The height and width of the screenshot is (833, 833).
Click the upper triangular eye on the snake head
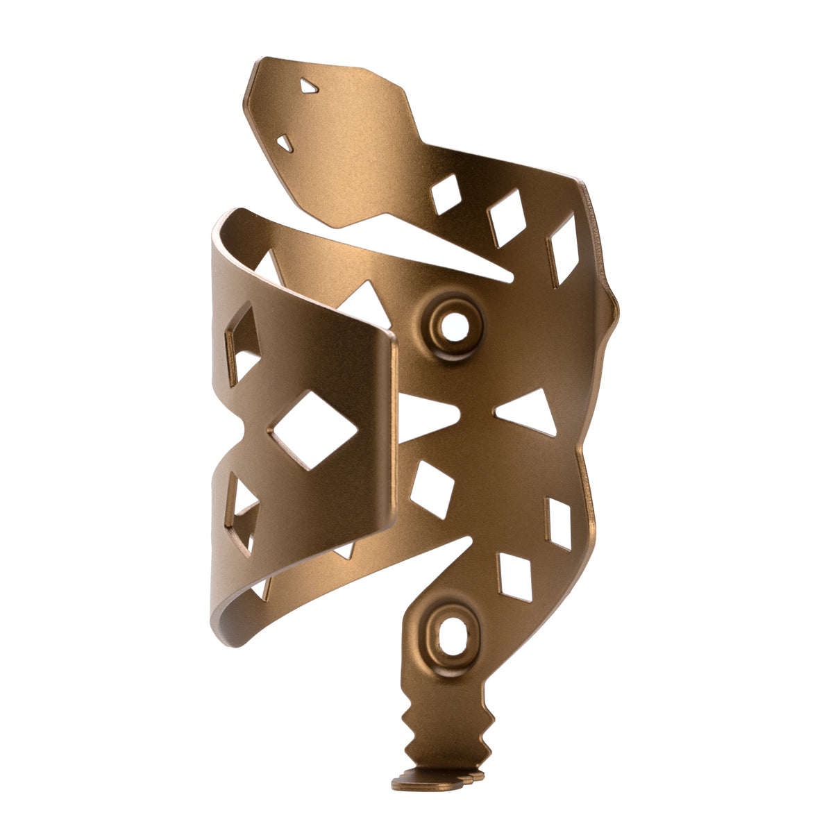point(308,86)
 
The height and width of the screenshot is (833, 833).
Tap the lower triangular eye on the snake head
point(285,142)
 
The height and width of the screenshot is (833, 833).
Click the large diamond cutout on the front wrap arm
point(314,429)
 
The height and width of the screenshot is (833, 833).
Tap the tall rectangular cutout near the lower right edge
point(559,524)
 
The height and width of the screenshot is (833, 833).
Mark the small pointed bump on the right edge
point(611,305)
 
